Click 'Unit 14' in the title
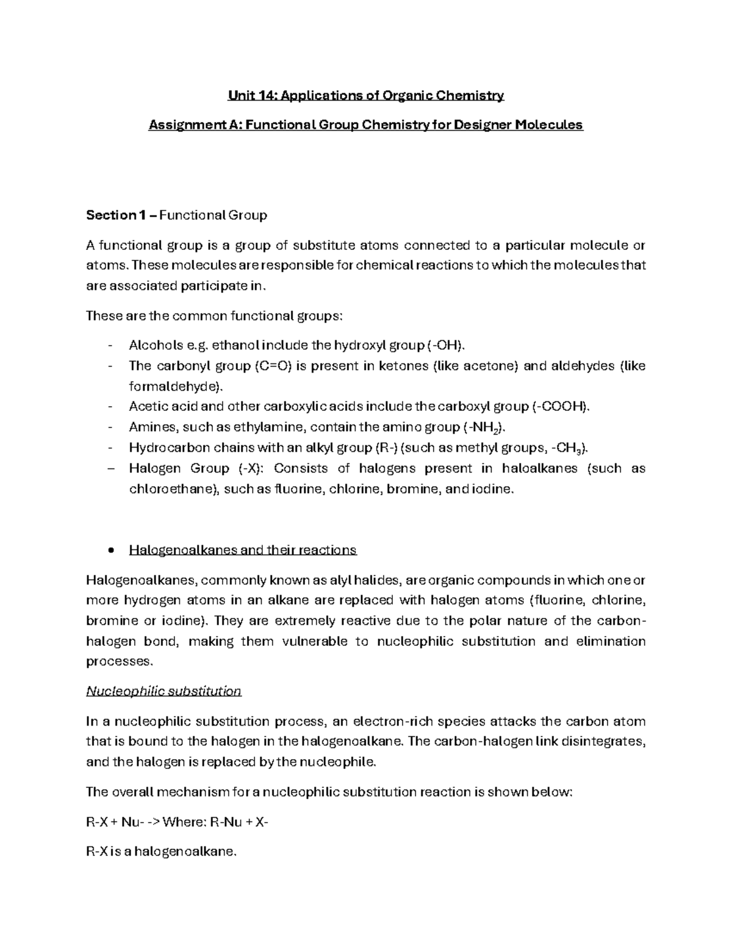(249, 96)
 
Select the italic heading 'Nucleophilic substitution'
(163, 691)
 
